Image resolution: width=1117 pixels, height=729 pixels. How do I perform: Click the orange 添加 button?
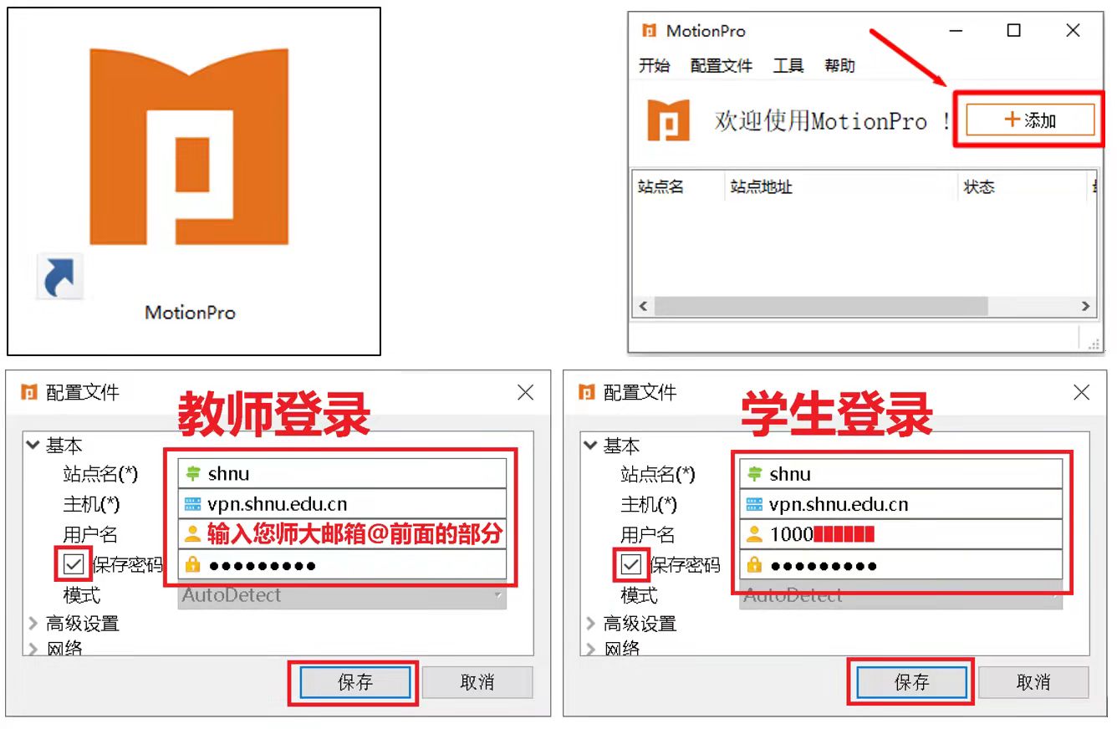tap(1030, 120)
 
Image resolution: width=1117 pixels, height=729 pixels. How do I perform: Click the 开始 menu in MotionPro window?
tap(654, 65)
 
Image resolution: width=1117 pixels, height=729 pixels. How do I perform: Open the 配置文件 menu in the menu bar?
tap(721, 65)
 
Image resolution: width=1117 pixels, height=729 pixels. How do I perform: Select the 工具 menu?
tap(788, 65)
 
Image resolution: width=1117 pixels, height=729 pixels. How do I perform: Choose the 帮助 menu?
tap(839, 65)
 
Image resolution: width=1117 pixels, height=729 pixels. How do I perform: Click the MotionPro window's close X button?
tap(1074, 31)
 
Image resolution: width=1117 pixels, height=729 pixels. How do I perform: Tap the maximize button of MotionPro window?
tap(1013, 31)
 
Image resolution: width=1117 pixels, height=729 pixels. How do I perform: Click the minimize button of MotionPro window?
tap(955, 31)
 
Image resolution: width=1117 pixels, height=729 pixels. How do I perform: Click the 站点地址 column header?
tap(761, 186)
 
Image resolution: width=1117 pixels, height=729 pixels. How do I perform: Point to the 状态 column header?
tap(979, 186)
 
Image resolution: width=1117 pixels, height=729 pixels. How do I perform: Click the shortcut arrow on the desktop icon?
tap(60, 278)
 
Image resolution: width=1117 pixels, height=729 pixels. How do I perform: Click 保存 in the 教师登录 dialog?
tap(354, 682)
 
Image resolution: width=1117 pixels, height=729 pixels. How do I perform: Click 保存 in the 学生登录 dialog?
tap(911, 682)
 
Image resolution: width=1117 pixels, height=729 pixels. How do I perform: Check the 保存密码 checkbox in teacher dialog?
tap(74, 565)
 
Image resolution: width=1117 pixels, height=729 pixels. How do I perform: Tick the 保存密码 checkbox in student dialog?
tap(631, 565)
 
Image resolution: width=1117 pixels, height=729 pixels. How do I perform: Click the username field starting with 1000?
tap(900, 535)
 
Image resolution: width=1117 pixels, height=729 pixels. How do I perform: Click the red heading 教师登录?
tap(273, 413)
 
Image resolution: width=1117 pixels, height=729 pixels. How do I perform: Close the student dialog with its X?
tap(1081, 392)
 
